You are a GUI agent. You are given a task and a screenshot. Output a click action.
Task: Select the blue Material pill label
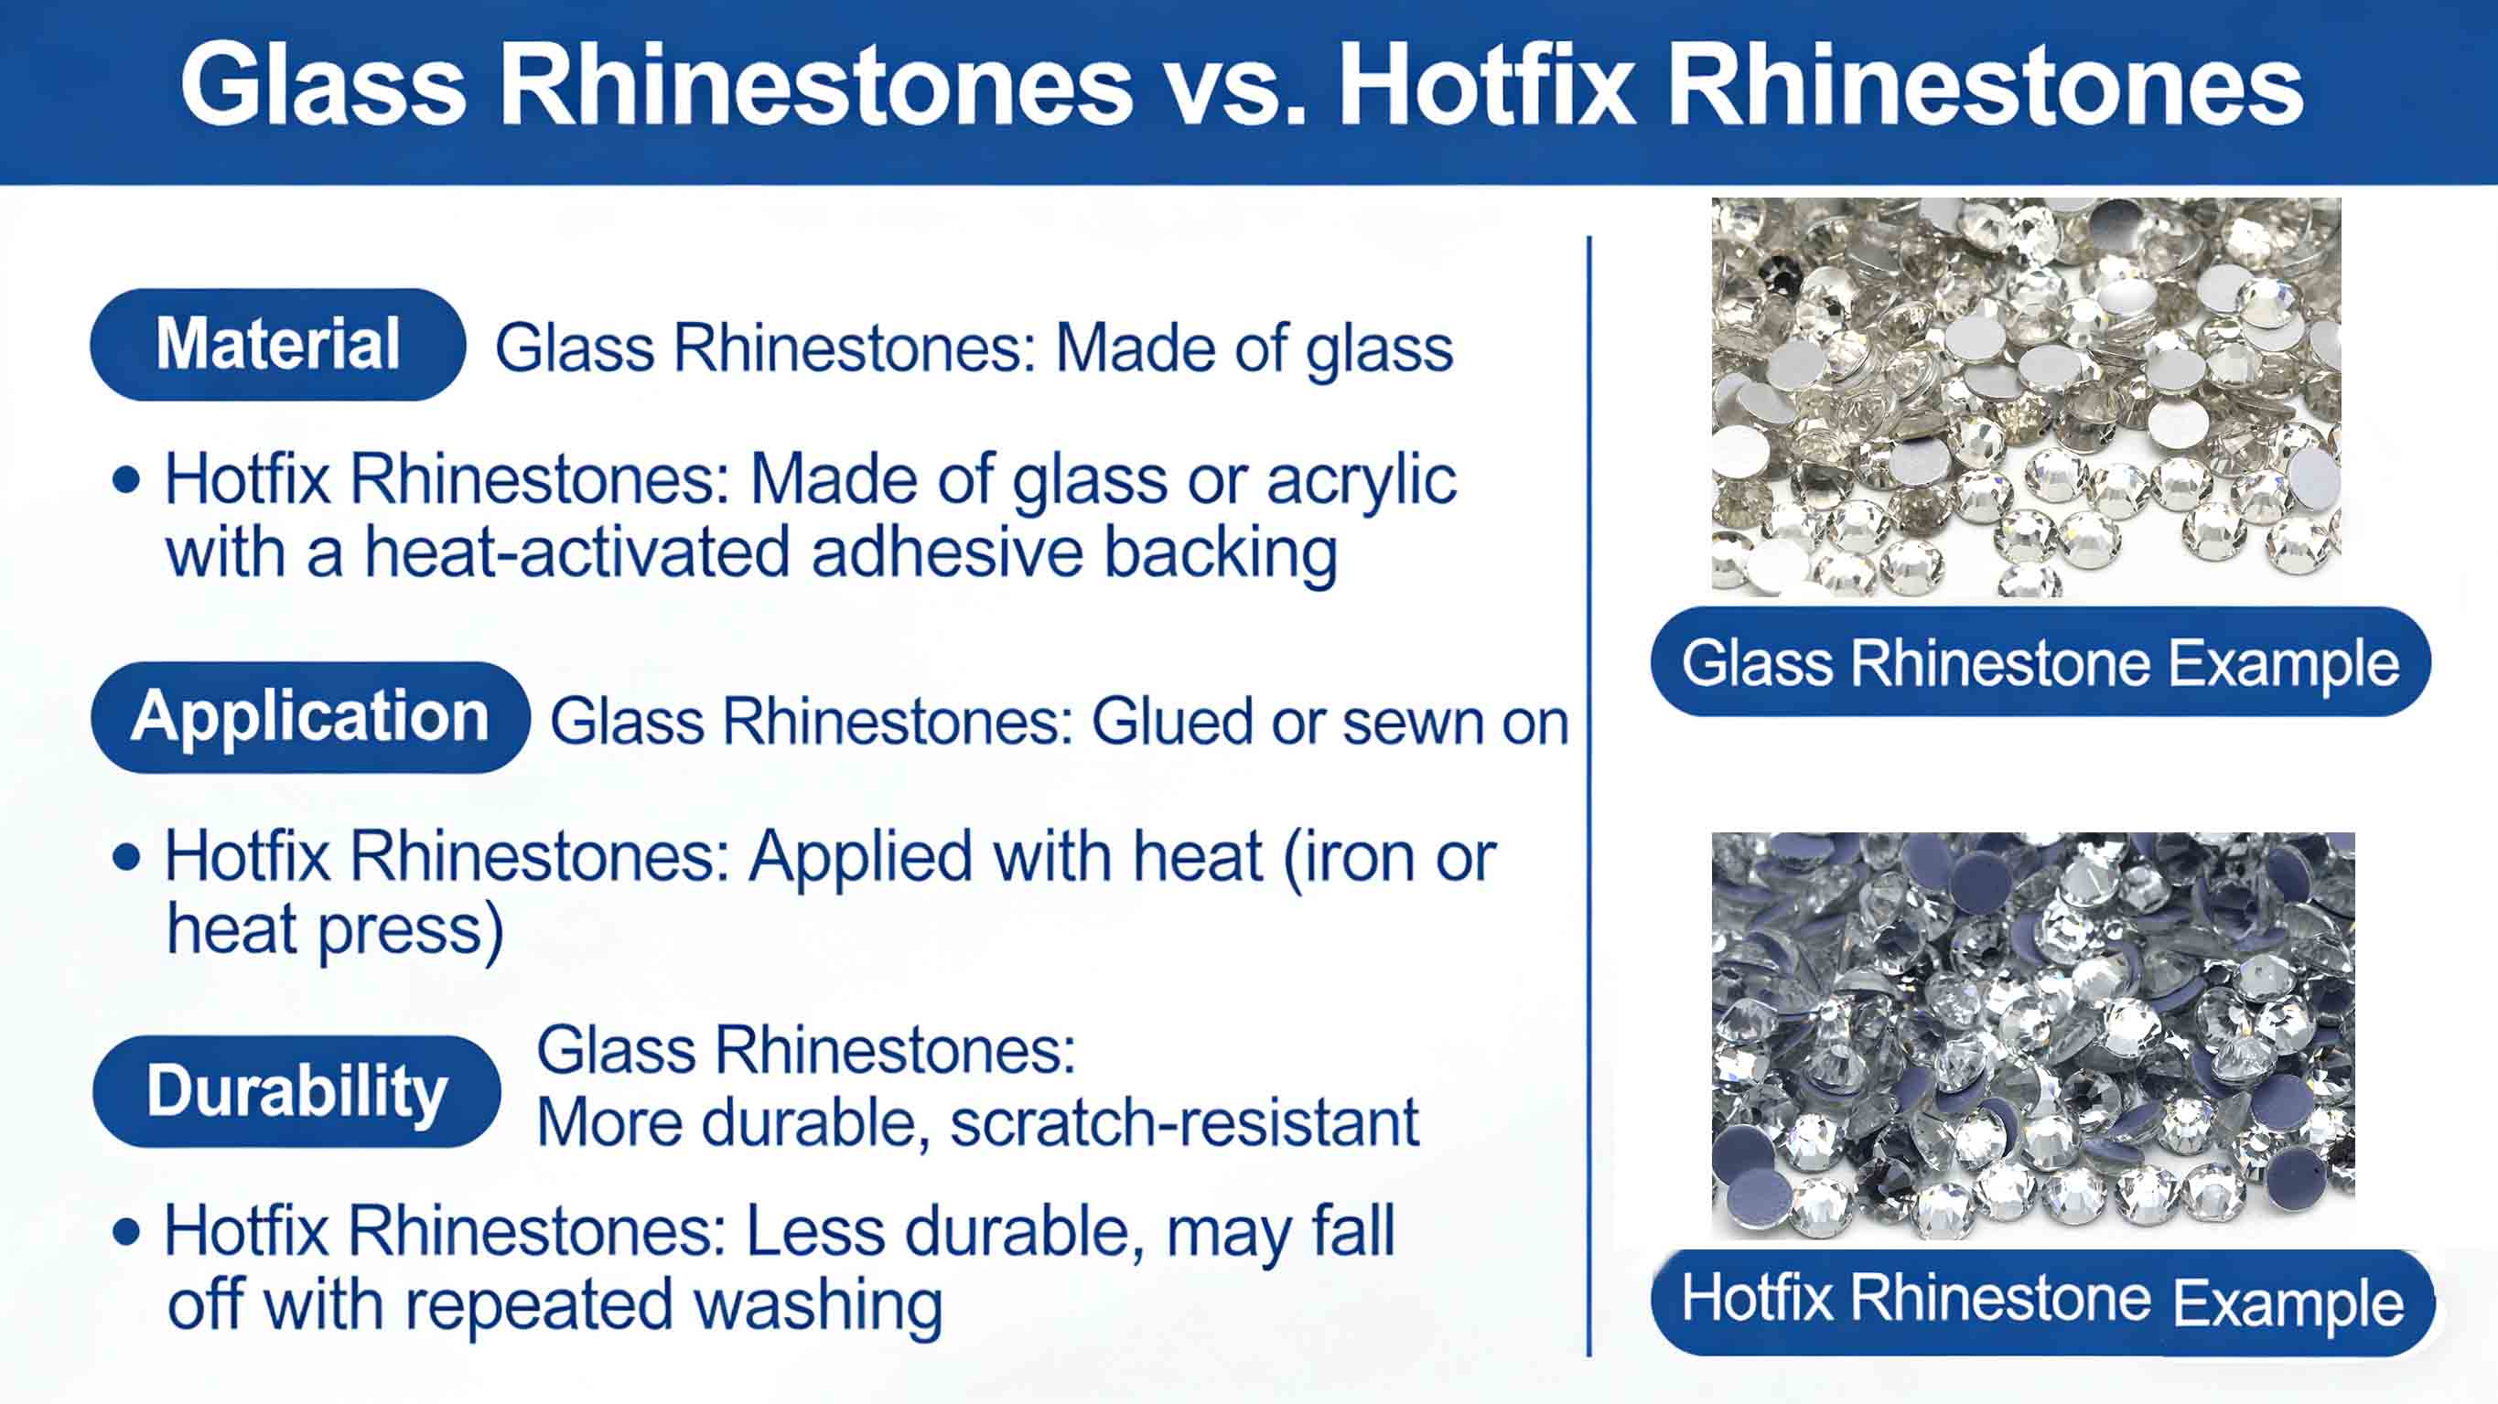tap(277, 344)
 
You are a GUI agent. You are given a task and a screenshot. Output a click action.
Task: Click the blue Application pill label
tap(309, 717)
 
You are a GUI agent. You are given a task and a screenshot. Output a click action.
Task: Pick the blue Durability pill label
tap(296, 1092)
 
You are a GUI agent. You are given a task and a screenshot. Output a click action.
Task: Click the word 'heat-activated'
tap(577, 553)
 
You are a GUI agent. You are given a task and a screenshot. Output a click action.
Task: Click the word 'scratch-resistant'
tap(1184, 1124)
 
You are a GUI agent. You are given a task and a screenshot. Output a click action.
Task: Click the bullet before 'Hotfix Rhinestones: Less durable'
tap(126, 1232)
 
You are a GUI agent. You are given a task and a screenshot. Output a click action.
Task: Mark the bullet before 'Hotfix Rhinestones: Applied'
tap(126, 857)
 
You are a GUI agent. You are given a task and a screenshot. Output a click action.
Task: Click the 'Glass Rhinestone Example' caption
tap(2040, 663)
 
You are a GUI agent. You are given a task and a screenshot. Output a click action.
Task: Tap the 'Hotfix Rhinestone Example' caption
tap(2042, 1302)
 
